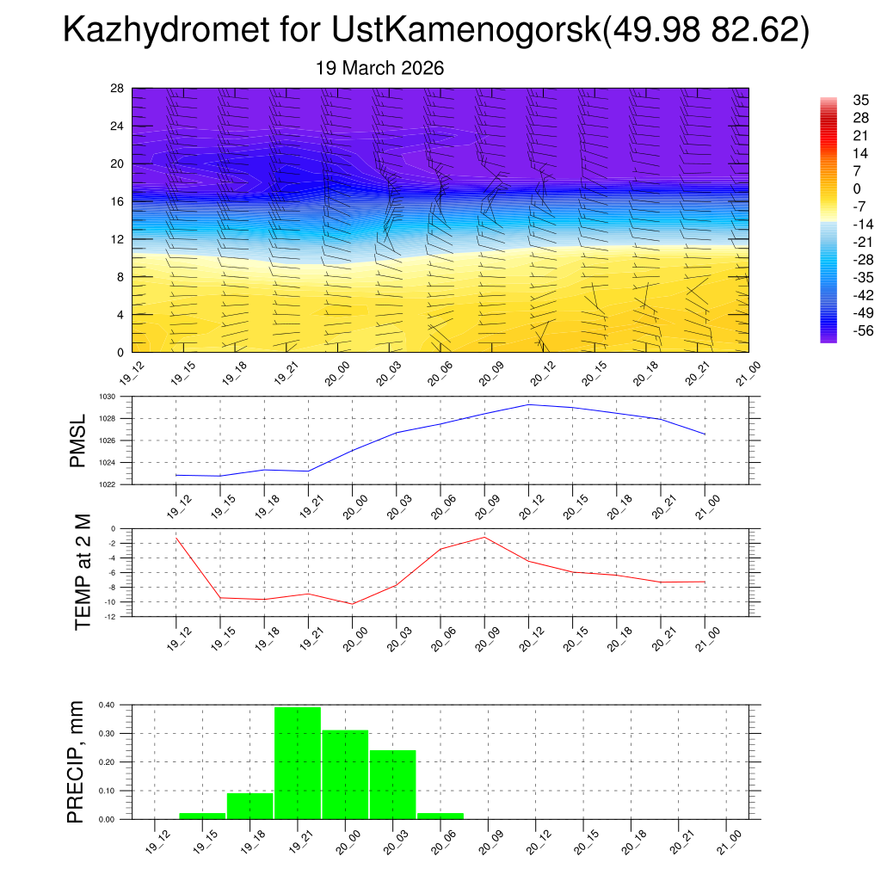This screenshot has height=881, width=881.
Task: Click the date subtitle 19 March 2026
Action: click(380, 68)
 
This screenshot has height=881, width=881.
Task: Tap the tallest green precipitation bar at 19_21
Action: click(298, 762)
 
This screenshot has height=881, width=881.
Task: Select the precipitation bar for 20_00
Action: click(345, 774)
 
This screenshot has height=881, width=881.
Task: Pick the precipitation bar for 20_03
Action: click(392, 784)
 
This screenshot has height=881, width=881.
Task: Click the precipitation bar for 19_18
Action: click(250, 806)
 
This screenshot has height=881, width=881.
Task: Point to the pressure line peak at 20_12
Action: click(528, 404)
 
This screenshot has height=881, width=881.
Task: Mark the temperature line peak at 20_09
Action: click(484, 537)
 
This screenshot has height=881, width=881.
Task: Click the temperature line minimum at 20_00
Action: click(352, 604)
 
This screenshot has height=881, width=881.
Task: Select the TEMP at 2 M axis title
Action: click(83, 572)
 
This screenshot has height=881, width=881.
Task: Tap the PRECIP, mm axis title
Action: click(77, 761)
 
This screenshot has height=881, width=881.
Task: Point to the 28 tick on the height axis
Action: click(117, 89)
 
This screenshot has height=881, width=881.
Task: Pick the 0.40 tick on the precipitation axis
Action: click(106, 705)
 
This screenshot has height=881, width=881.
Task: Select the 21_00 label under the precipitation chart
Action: click(728, 840)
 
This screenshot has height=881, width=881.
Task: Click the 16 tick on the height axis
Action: click(117, 201)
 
